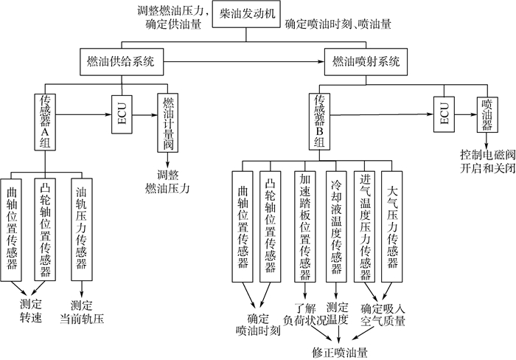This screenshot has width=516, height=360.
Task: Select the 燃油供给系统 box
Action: (x=121, y=63)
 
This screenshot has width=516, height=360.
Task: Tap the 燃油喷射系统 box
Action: (x=366, y=63)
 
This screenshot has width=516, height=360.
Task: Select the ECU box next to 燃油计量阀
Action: (x=122, y=114)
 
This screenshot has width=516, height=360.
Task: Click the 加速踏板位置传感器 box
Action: (x=305, y=226)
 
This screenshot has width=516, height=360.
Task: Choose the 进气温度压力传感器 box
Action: (x=365, y=226)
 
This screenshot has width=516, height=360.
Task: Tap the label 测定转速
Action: (x=31, y=311)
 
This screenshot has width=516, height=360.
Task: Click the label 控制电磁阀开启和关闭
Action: (x=487, y=161)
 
